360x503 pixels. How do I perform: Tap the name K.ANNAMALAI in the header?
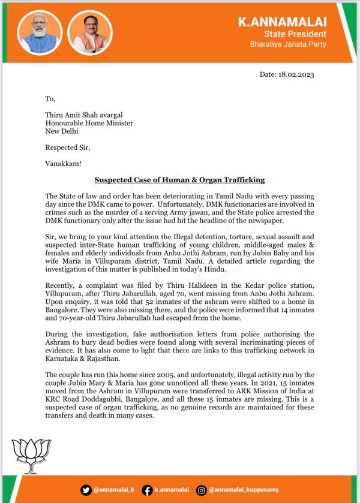282,23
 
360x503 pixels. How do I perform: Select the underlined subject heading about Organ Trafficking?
179,179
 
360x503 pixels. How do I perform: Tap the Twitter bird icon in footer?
86,490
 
